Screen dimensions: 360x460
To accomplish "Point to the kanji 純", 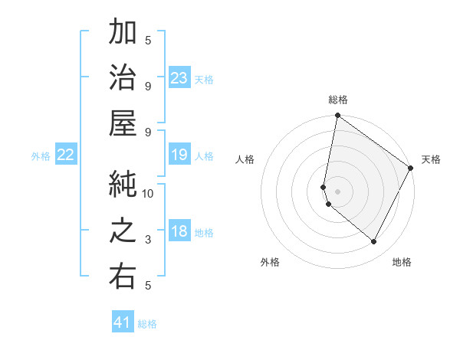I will (123, 183).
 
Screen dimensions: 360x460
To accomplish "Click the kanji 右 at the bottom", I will (123, 275).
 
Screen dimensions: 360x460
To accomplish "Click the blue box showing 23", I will (179, 78).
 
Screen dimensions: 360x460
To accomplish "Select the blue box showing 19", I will (179, 155).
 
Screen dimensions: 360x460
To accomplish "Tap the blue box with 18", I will (179, 232).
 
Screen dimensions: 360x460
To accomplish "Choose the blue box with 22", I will (66, 155).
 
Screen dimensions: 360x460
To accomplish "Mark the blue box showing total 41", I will (123, 322).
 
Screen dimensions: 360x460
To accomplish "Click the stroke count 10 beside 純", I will (148, 194).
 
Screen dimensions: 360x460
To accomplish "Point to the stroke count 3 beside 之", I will (148, 240).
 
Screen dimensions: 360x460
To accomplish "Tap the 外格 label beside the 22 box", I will (41, 156).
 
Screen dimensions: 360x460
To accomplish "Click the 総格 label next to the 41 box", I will (147, 324).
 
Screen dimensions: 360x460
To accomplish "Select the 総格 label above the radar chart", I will (338, 100).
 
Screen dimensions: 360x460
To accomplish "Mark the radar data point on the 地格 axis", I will (373, 241).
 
